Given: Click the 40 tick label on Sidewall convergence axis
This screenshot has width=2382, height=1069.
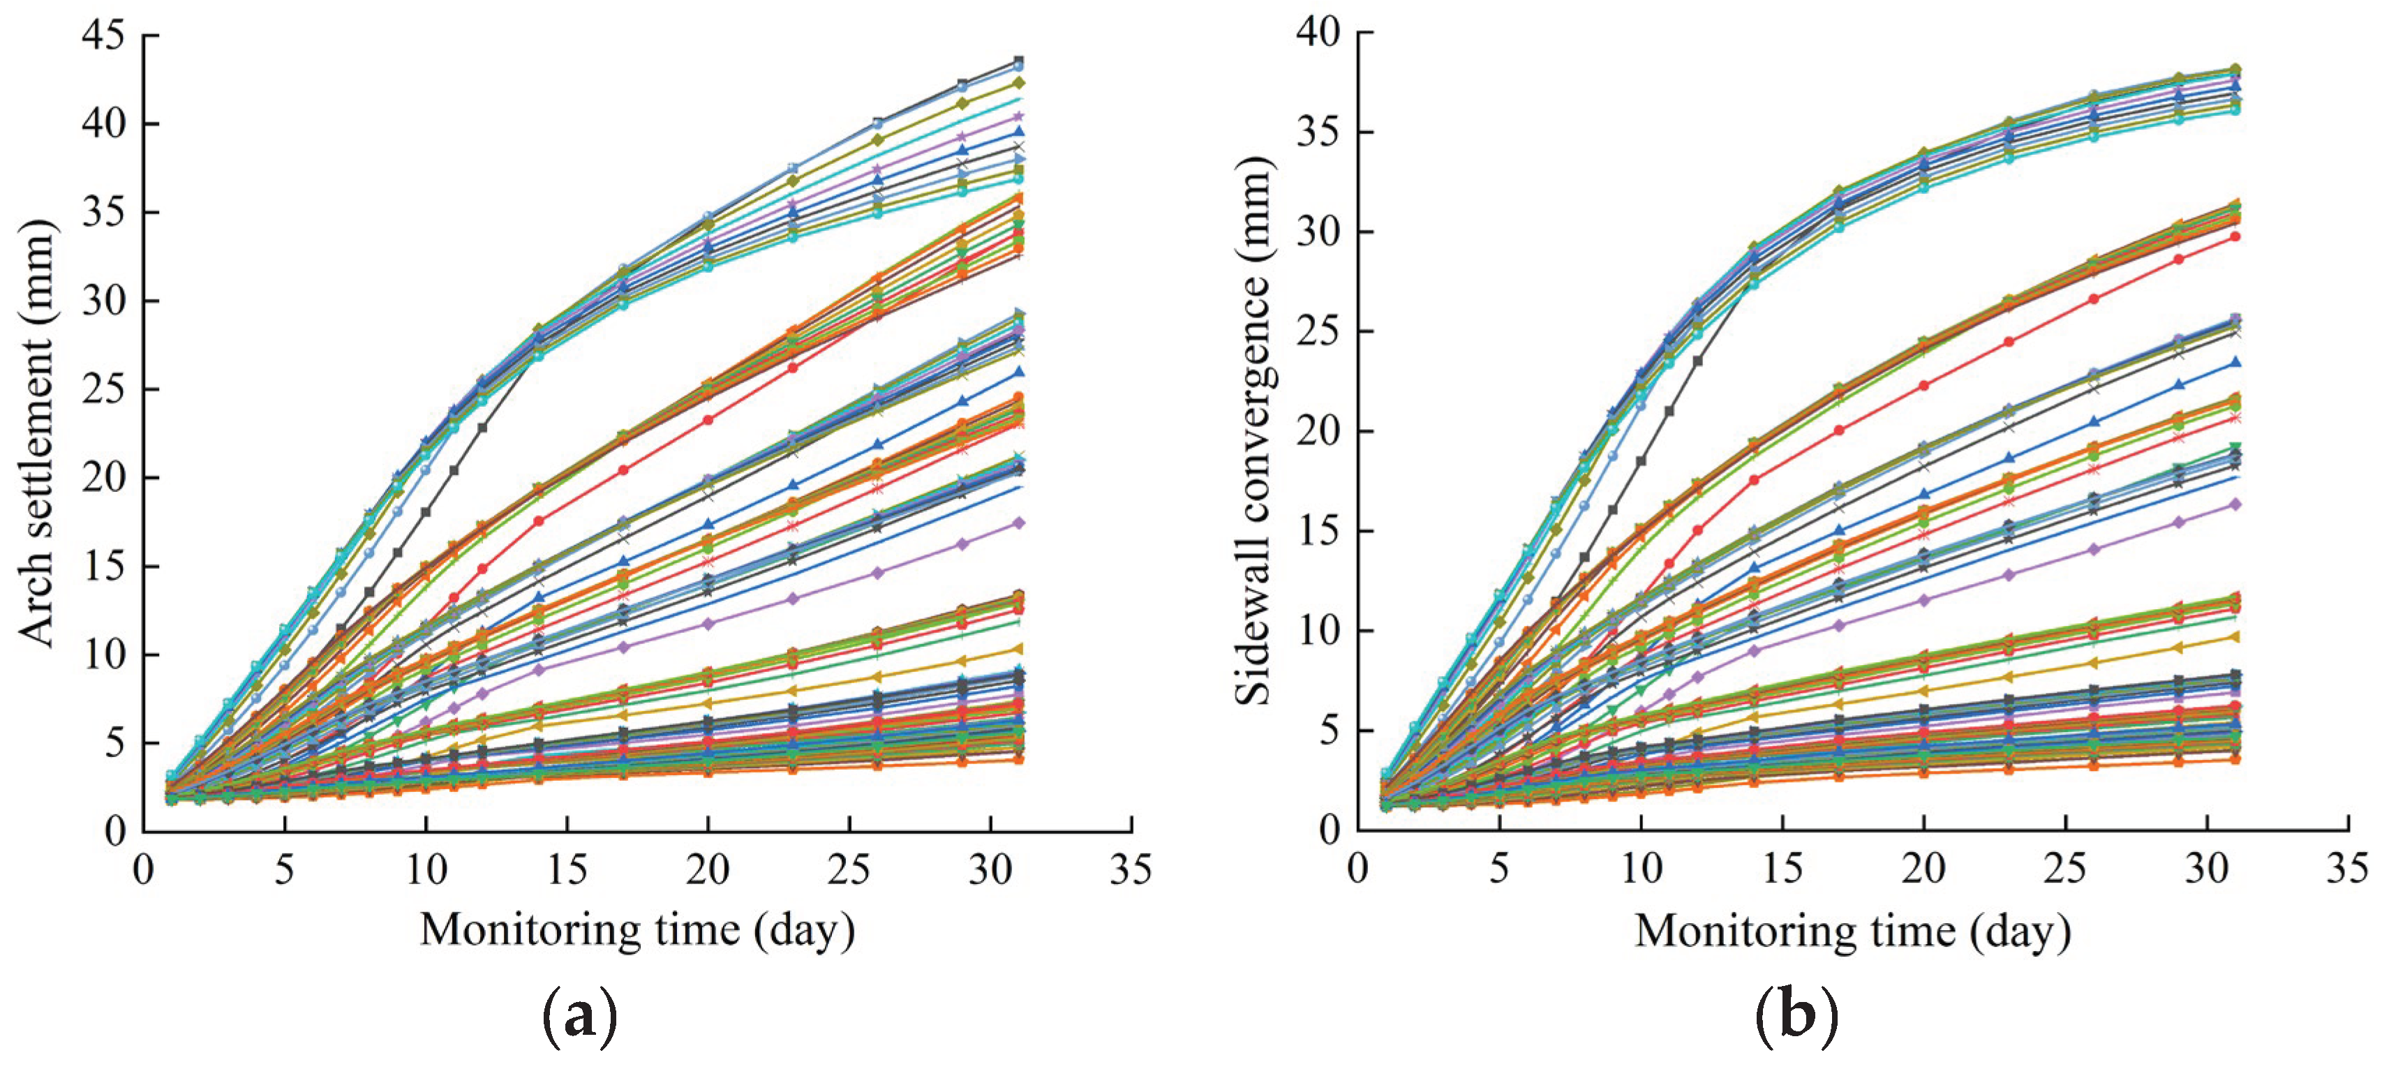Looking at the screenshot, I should (1318, 32).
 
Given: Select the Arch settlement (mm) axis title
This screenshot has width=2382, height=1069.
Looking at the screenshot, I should (37, 433).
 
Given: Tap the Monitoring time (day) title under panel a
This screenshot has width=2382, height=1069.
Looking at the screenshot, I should (637, 929).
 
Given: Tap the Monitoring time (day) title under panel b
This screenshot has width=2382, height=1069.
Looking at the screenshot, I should (1852, 929).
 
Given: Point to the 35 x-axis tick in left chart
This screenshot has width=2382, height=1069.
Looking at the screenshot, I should (1131, 869).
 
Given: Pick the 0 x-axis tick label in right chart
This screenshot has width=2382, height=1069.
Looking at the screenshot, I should (1357, 869).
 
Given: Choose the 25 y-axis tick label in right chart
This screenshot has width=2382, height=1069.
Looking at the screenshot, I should (1318, 331).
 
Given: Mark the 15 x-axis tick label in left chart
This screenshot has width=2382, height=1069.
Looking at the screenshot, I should (566, 869).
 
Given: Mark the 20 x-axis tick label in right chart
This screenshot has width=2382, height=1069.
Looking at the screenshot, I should (1923, 869).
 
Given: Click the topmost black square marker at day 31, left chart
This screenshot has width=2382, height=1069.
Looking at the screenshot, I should (1019, 61).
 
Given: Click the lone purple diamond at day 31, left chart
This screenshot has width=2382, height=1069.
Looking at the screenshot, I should (1019, 523).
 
